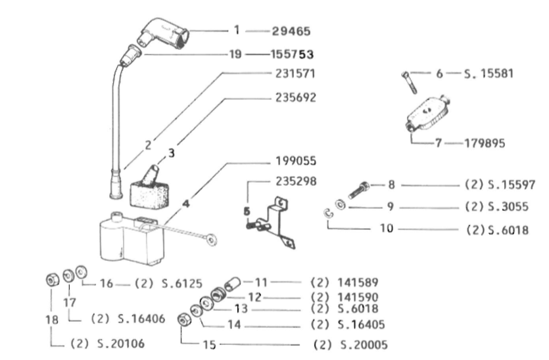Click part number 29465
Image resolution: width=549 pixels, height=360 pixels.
291,31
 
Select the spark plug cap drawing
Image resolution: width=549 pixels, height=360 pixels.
164,34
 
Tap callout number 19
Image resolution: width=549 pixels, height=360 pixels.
235,55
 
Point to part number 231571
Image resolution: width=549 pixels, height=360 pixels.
295,74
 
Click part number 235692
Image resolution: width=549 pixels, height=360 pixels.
295,98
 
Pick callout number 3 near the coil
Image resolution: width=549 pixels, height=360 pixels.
171,153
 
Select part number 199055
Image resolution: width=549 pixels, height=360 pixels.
296,161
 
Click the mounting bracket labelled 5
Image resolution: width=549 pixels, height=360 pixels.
272,222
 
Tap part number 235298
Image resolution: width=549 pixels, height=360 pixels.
296,181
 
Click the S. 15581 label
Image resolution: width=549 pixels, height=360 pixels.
489,74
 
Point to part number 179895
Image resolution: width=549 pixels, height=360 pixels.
485,143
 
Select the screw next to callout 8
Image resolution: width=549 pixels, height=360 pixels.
359,190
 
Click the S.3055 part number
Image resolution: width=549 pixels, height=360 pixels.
508,207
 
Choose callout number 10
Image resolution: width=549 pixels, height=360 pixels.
387,229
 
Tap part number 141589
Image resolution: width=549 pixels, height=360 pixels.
358,282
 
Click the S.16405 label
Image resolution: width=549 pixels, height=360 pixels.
362,325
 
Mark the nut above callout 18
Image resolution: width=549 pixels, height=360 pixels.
53,280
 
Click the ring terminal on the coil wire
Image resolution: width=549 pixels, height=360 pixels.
211,240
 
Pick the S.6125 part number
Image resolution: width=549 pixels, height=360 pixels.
182,283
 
